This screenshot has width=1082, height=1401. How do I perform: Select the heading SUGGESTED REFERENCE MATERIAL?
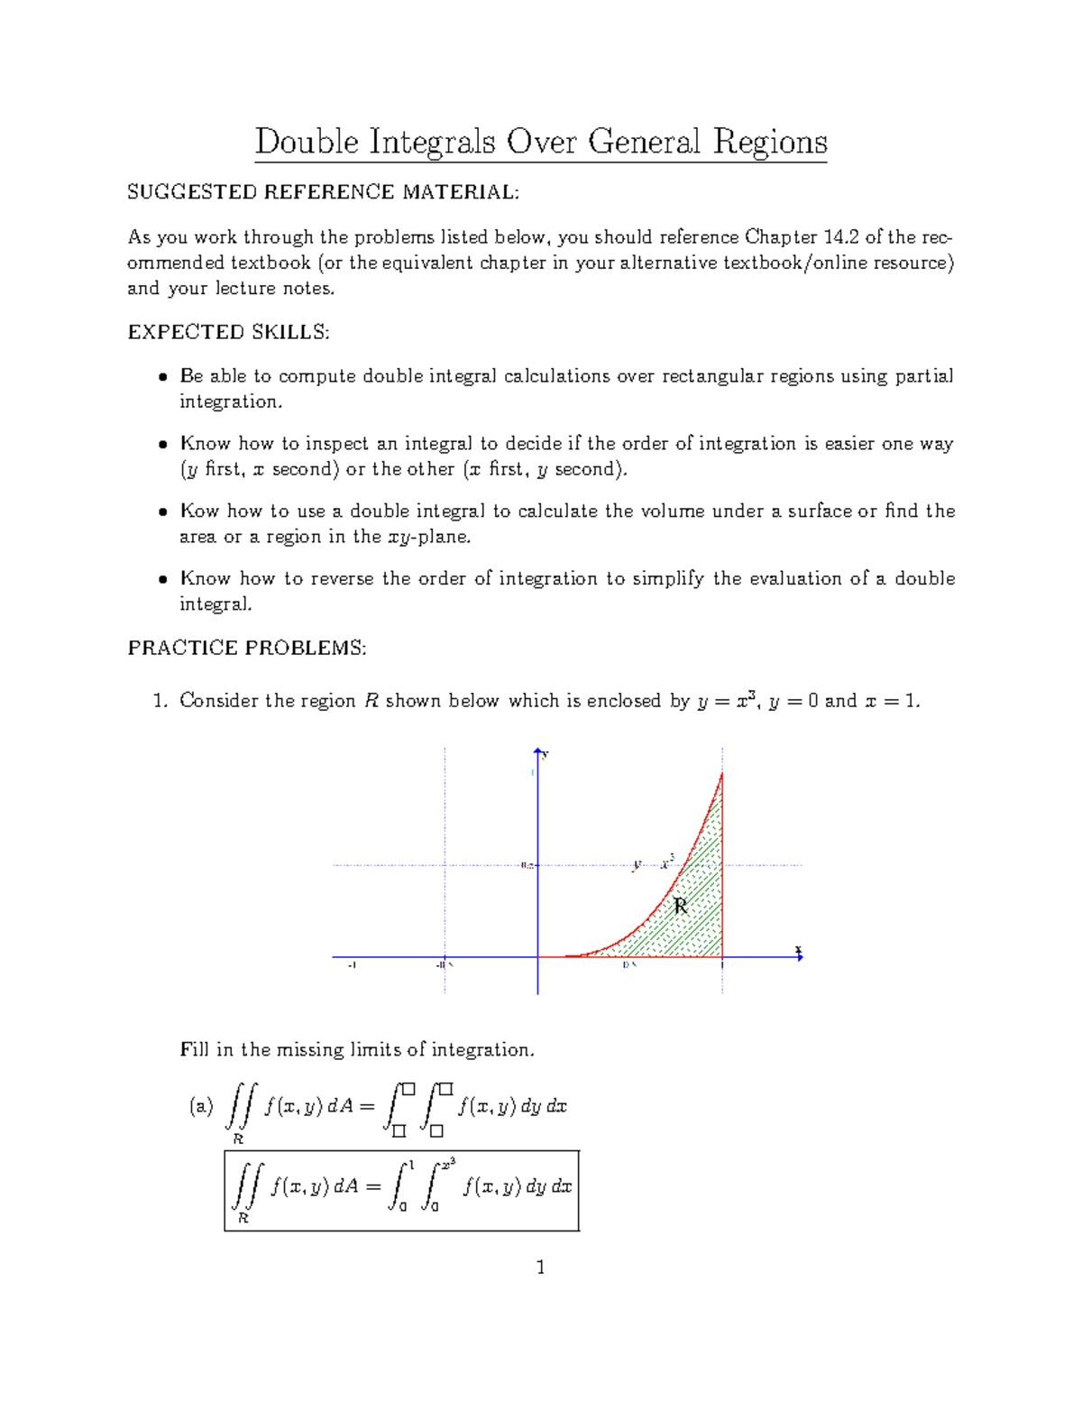click(x=323, y=192)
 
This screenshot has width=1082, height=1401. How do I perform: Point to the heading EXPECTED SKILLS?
click(x=228, y=332)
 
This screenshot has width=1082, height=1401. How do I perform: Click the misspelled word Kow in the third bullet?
click(x=199, y=511)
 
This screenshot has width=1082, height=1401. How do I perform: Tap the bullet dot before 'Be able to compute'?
click(x=162, y=377)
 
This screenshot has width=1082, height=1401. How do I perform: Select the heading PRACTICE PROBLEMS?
click(x=246, y=648)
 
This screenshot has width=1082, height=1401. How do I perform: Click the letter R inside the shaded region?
click(x=681, y=906)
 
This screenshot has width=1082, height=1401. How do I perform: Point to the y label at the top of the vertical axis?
click(x=546, y=754)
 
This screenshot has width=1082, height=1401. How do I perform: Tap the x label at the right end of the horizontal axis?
click(x=798, y=949)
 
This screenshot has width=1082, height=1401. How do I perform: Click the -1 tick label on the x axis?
click(x=352, y=965)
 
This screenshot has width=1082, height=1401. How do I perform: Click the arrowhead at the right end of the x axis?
click(x=799, y=957)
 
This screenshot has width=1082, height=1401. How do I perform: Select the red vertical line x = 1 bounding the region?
click(x=722, y=866)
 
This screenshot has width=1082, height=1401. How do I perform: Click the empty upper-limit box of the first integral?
click(x=408, y=1090)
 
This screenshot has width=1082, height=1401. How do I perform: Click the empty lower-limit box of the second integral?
click(x=436, y=1130)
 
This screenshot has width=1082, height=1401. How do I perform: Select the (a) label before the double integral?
click(x=200, y=1107)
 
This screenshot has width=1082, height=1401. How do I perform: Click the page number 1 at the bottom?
click(x=540, y=1267)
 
